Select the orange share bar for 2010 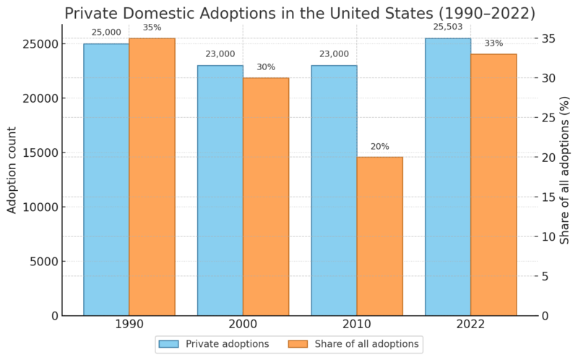click(x=379, y=236)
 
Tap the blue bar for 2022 click(x=448, y=177)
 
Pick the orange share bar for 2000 click(x=266, y=197)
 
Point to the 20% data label click(x=379, y=147)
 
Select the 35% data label click(x=152, y=28)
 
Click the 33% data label click(x=493, y=43)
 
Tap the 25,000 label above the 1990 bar click(x=106, y=33)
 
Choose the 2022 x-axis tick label click(x=470, y=327)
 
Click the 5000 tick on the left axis click(x=45, y=262)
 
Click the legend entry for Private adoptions click(x=215, y=344)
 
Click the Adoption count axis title click(x=12, y=170)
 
